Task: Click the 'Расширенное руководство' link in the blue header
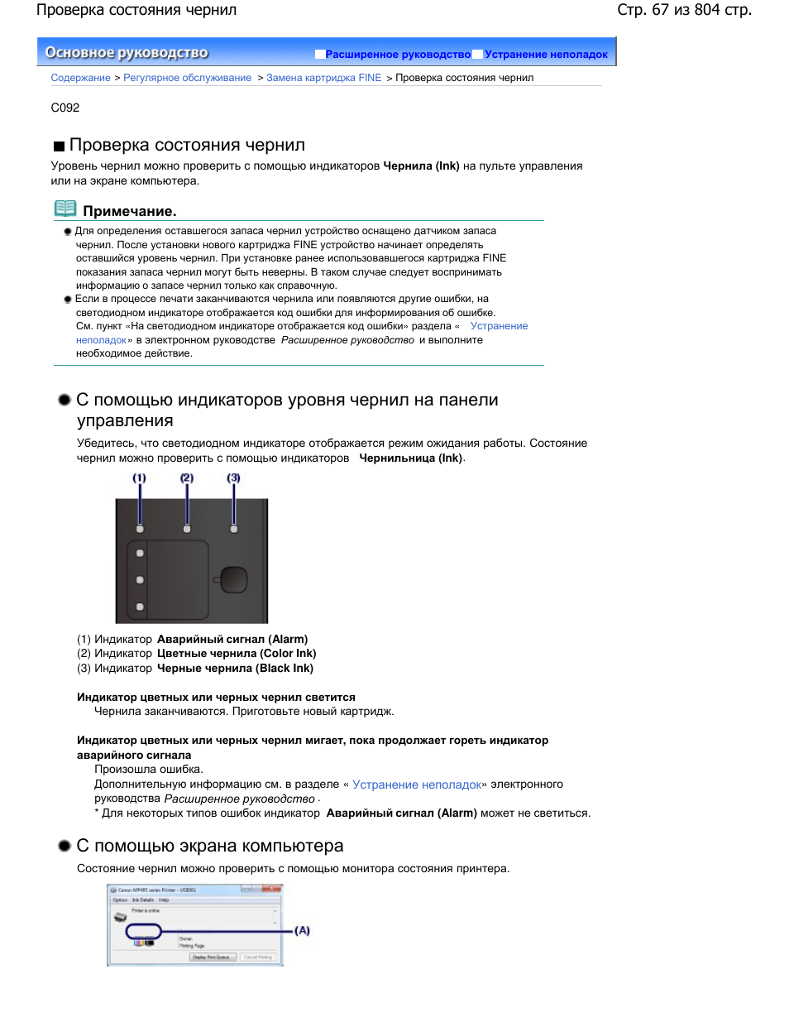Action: (397, 55)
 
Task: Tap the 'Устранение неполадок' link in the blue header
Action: (546, 55)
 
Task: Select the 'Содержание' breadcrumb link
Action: (80, 78)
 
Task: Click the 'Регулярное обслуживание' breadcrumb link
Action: (187, 78)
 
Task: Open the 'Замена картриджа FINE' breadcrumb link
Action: (323, 78)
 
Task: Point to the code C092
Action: (65, 108)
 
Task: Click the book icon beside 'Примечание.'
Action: (65, 209)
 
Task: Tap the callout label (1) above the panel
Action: (139, 478)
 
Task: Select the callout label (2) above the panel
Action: (187, 478)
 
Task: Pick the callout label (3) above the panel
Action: (234, 478)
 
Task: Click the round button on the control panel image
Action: (233, 579)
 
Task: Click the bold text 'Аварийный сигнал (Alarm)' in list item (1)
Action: (232, 639)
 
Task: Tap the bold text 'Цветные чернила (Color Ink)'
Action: (237, 654)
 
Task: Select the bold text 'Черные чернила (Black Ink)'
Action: (235, 669)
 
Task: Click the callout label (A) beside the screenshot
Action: (303, 931)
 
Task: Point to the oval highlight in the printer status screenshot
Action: (143, 932)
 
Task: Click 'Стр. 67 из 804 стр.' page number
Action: (684, 10)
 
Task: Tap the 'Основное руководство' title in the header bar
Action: (127, 53)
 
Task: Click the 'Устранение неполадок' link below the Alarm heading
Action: (417, 784)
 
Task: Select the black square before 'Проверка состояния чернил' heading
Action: (59, 146)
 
